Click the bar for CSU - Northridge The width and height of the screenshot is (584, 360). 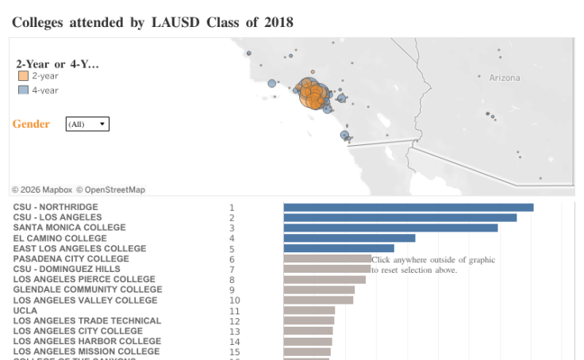[x=408, y=208]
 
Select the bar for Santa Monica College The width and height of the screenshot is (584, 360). [x=390, y=228]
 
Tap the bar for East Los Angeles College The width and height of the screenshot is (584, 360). [x=339, y=248]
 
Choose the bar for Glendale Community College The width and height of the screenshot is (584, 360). [x=319, y=289]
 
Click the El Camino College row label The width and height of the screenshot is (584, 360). [x=60, y=238]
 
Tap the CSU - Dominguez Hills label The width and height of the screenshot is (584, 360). [x=67, y=269]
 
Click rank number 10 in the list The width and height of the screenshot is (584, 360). [x=234, y=301]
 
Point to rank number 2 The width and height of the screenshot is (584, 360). [x=232, y=218]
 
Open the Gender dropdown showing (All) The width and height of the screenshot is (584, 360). [x=87, y=124]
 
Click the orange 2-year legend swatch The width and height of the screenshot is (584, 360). [x=23, y=76]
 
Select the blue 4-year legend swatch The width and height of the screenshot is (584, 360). [x=23, y=90]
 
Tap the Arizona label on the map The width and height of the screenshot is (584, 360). [x=505, y=78]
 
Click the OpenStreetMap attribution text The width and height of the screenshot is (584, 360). [x=115, y=190]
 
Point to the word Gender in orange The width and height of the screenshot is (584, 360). [x=31, y=124]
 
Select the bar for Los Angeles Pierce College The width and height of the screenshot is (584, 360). [x=325, y=279]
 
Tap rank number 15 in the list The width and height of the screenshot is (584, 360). [x=234, y=351]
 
